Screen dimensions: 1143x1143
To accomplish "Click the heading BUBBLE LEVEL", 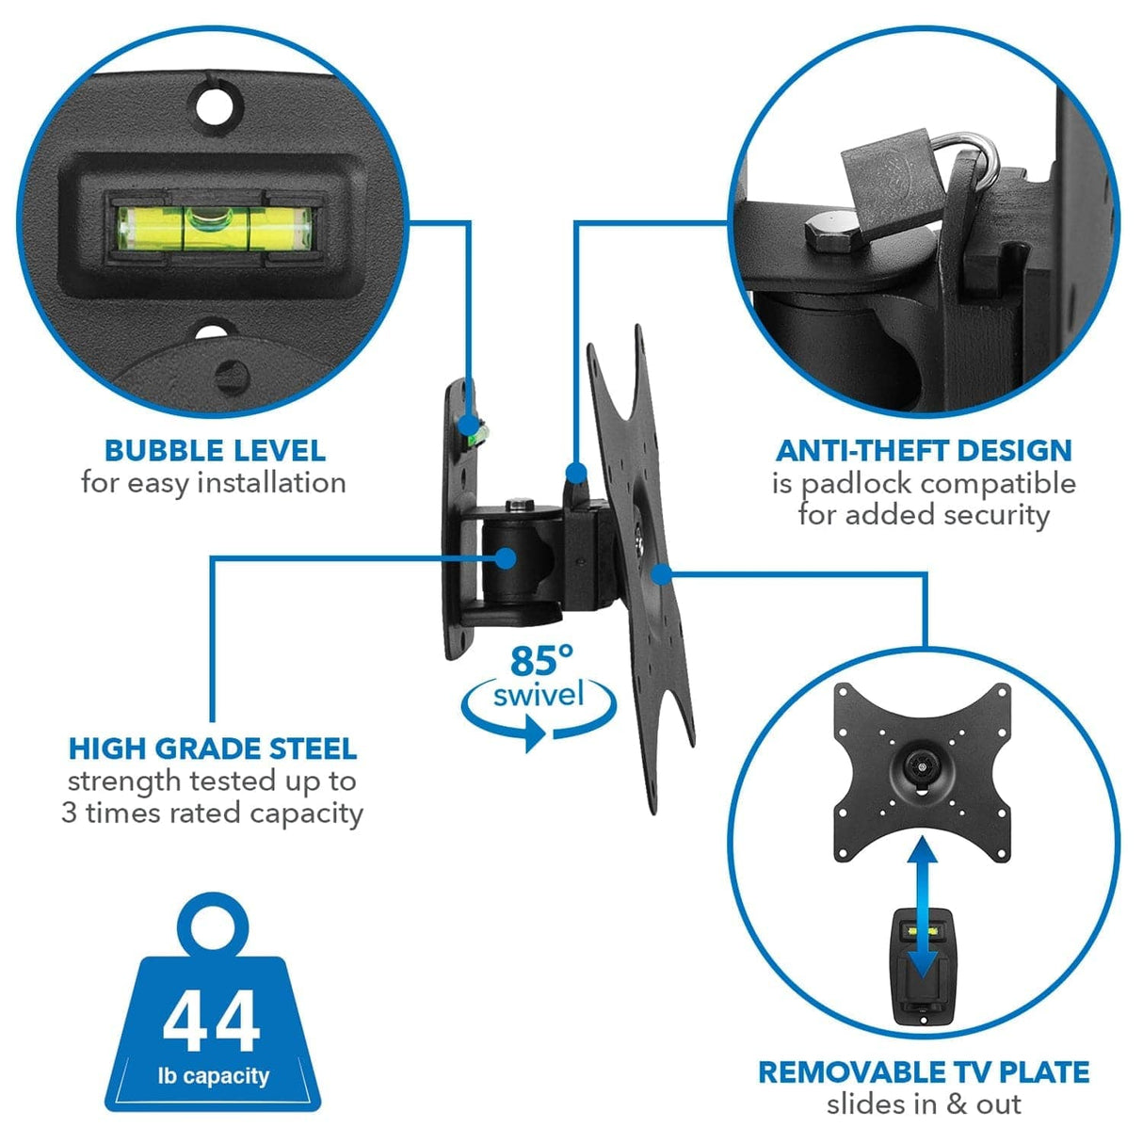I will click(215, 451).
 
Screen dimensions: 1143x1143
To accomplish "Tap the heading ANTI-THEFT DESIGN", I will click(924, 451).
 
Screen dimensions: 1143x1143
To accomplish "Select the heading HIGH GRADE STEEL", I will click(213, 749).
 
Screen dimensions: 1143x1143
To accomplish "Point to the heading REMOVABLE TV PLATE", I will click(924, 1072).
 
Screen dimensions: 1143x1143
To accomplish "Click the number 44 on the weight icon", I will click(211, 1022).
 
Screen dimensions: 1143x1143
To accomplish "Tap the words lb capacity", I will click(213, 1076).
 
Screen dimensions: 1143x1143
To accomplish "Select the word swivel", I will click(539, 696).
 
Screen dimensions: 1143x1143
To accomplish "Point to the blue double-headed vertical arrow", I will click(925, 908).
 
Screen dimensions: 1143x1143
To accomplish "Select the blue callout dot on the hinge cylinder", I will click(506, 557).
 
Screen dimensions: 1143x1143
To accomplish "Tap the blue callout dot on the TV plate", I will click(661, 572).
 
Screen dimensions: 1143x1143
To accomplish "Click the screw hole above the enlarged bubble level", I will click(217, 100).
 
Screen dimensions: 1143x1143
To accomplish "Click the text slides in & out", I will click(924, 1104).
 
